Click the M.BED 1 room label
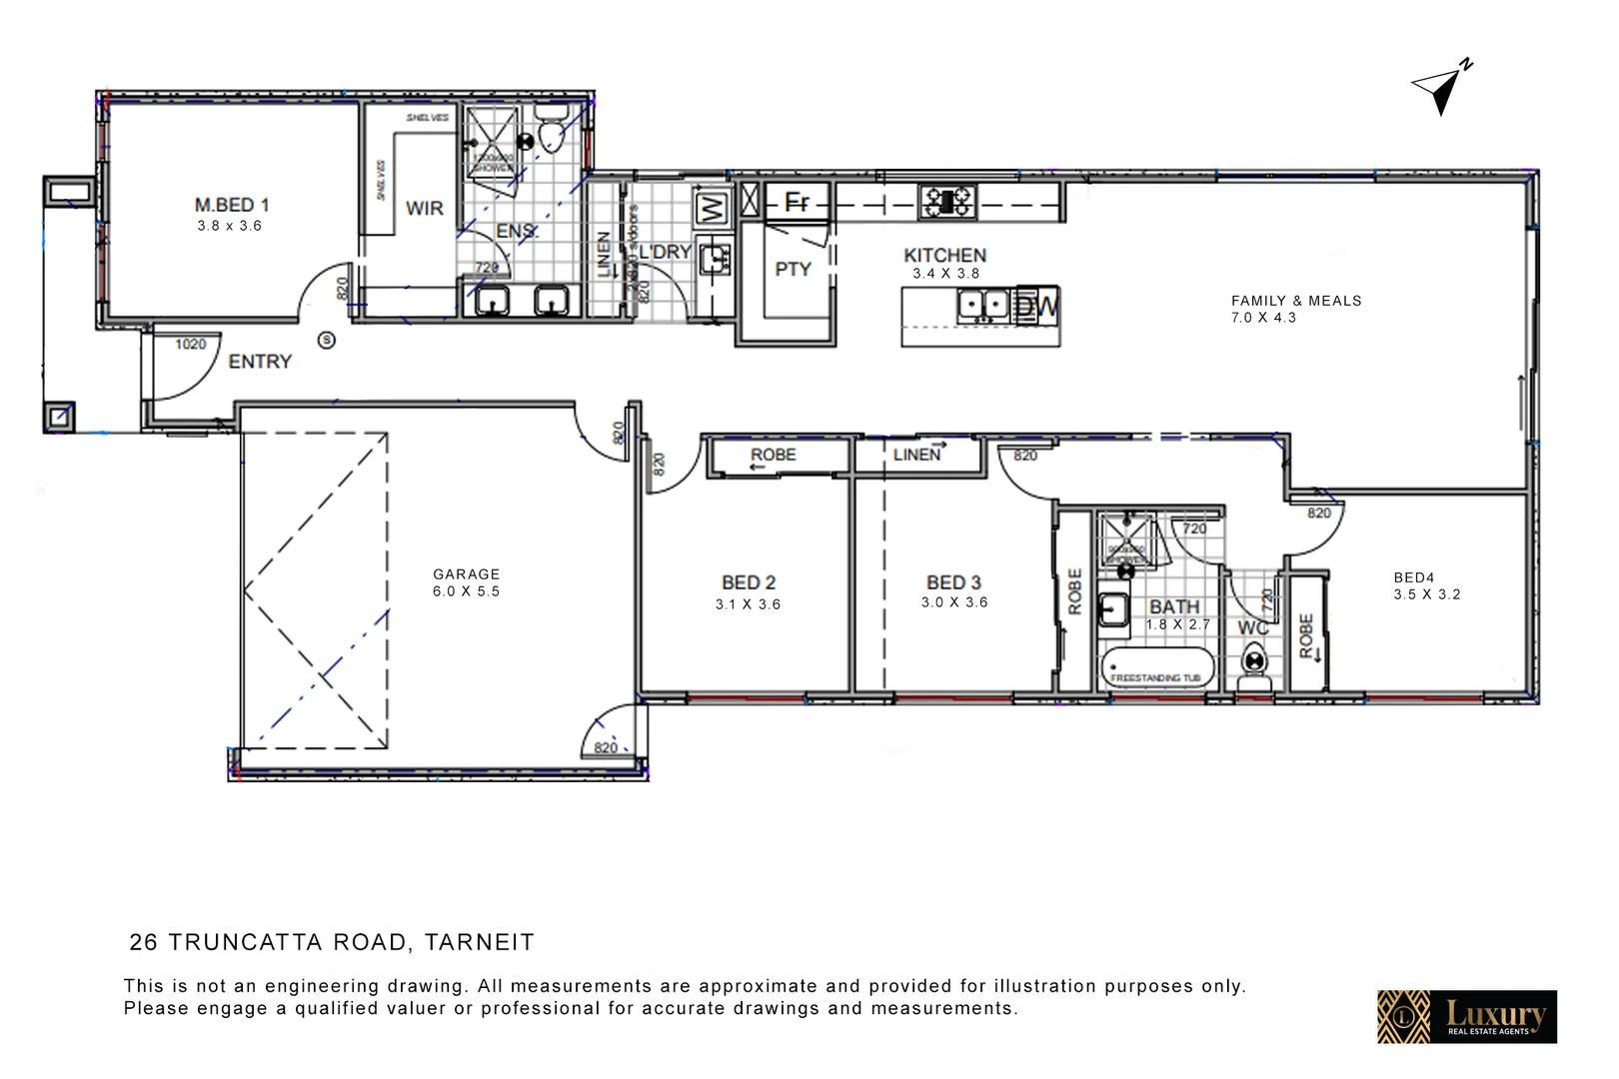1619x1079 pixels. [x=232, y=206]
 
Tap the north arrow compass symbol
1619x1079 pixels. [x=1441, y=88]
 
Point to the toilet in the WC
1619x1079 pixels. [x=1253, y=661]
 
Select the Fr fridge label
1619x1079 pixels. [x=797, y=203]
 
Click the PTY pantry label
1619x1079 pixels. [x=793, y=269]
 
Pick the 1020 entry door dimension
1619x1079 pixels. [x=190, y=345]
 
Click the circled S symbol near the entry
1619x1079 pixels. [x=326, y=341]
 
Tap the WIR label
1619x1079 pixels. [x=424, y=209]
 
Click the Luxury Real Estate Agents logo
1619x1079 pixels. [x=1466, y=1017]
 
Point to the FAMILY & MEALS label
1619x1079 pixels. [x=1295, y=301]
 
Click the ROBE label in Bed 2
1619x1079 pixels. [x=773, y=455]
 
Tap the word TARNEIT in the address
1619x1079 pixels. [x=479, y=942]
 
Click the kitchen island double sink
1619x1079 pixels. [x=982, y=305]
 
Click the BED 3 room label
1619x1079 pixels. [x=953, y=582]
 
